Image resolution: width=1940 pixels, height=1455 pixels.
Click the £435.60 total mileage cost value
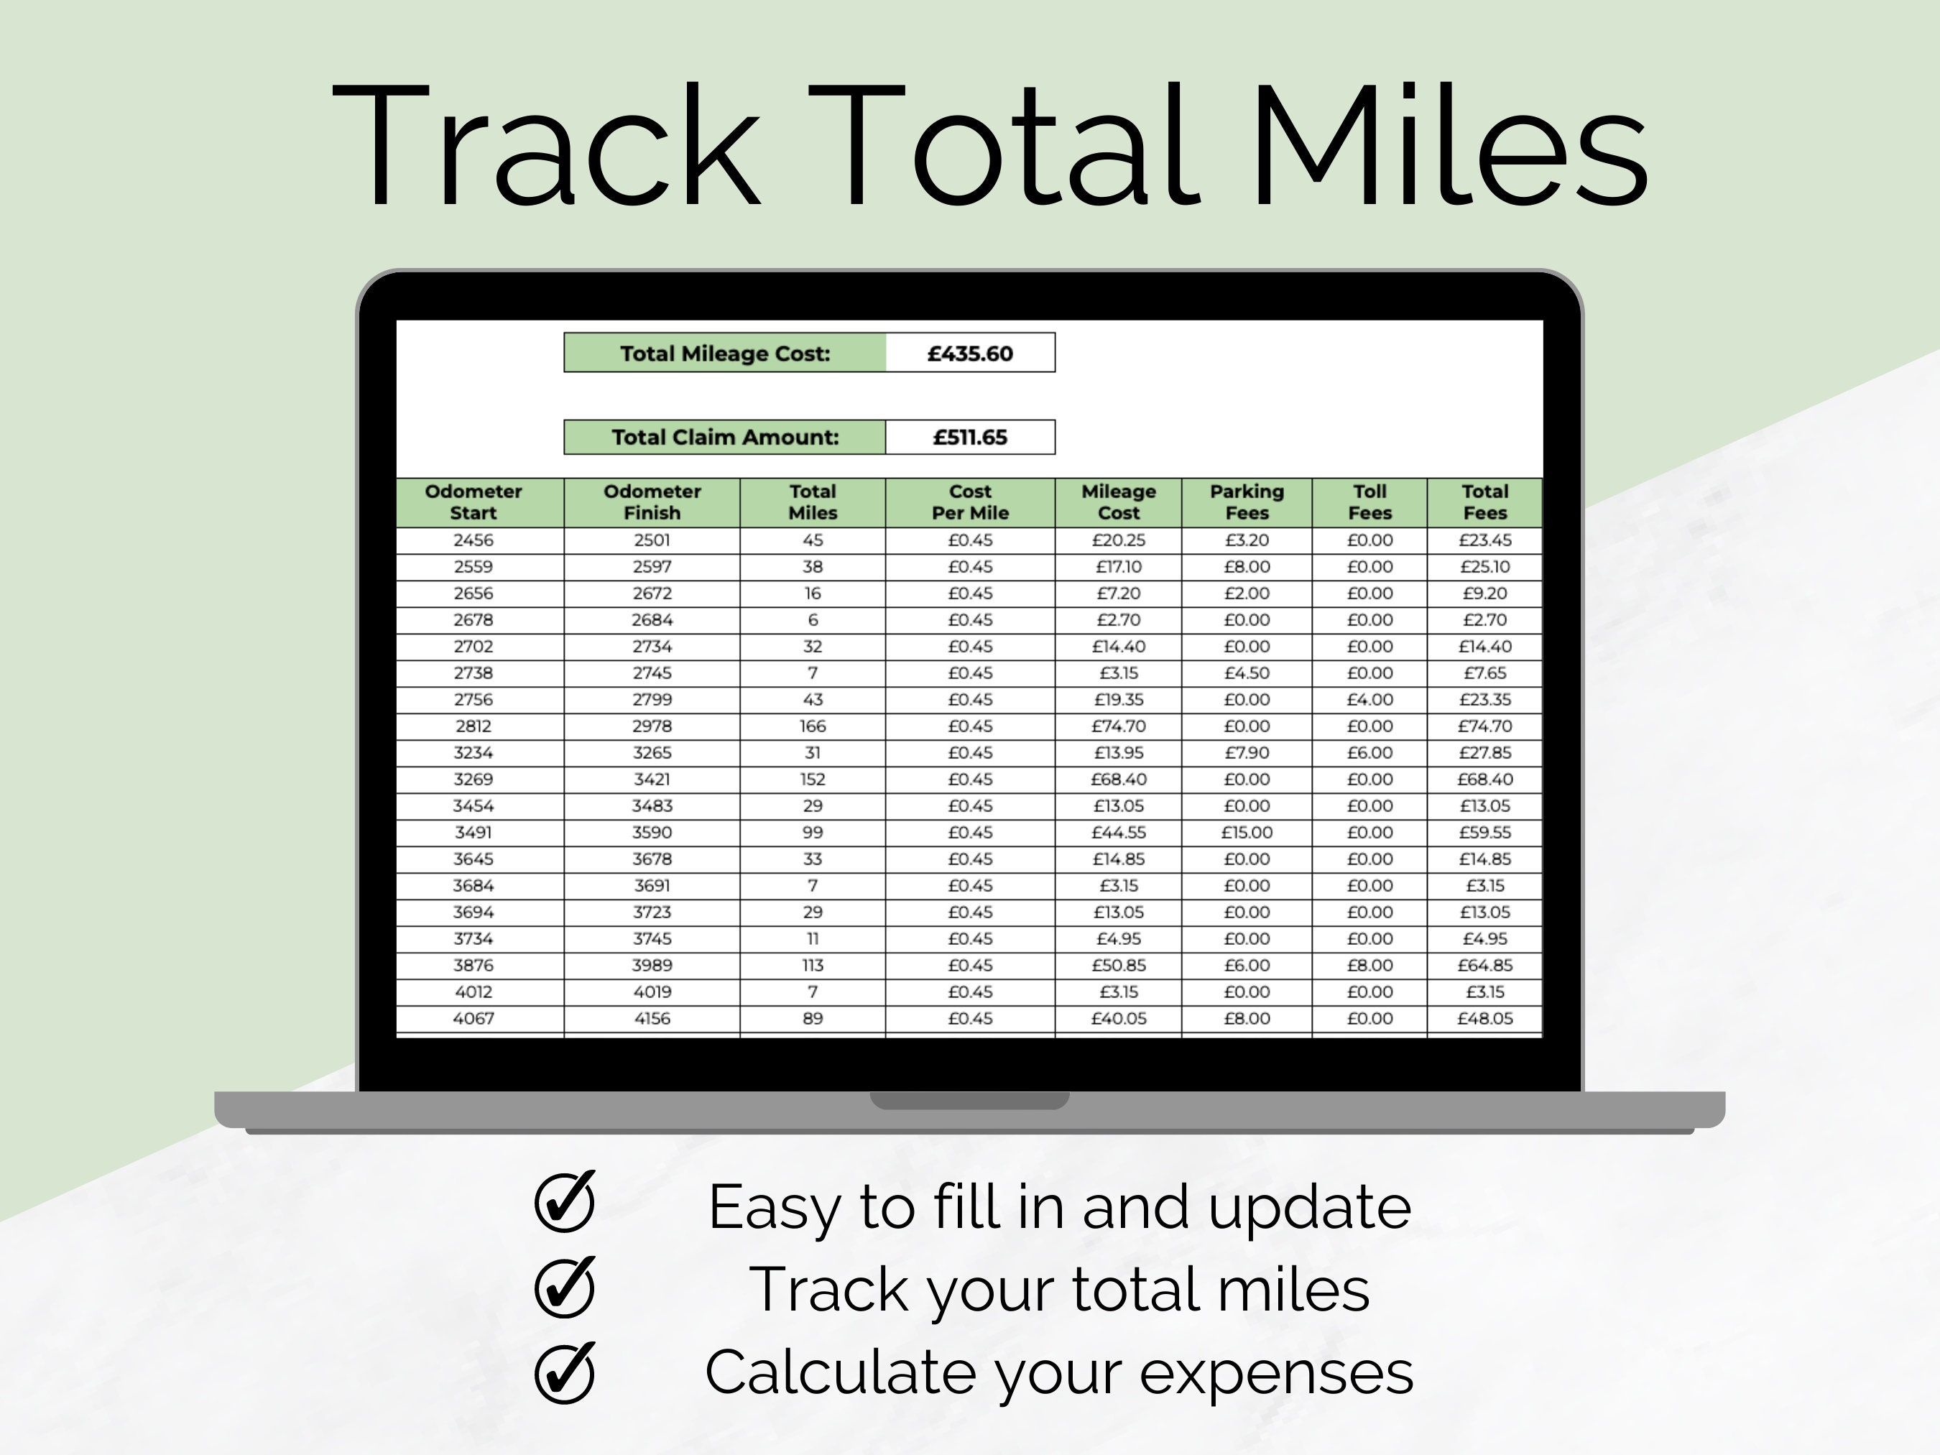pyautogui.click(x=970, y=354)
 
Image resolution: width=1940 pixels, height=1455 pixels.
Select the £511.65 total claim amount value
pyautogui.click(x=970, y=438)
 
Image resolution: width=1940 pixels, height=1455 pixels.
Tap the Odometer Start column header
pyautogui.click(x=474, y=502)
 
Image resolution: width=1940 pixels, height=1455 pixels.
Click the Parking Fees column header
pyautogui.click(x=1246, y=502)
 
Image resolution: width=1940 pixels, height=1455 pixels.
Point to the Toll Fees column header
pyautogui.click(x=1369, y=502)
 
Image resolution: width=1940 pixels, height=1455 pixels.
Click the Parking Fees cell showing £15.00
pyautogui.click(x=1246, y=832)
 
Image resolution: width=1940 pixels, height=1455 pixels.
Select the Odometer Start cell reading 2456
pyautogui.click(x=474, y=540)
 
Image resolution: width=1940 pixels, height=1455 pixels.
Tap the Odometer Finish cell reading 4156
pyautogui.click(x=652, y=1018)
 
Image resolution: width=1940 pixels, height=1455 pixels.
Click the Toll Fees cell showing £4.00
pyautogui.click(x=1369, y=700)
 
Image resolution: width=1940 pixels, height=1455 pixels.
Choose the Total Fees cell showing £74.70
pyautogui.click(x=1485, y=726)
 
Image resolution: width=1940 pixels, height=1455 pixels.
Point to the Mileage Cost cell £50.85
pyautogui.click(x=1118, y=966)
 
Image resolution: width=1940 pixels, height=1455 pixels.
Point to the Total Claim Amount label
pyautogui.click(x=725, y=438)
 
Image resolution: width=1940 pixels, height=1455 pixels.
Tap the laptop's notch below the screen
pyautogui.click(x=969, y=1101)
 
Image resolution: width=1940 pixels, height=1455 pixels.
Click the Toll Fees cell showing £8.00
pyautogui.click(x=1369, y=966)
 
